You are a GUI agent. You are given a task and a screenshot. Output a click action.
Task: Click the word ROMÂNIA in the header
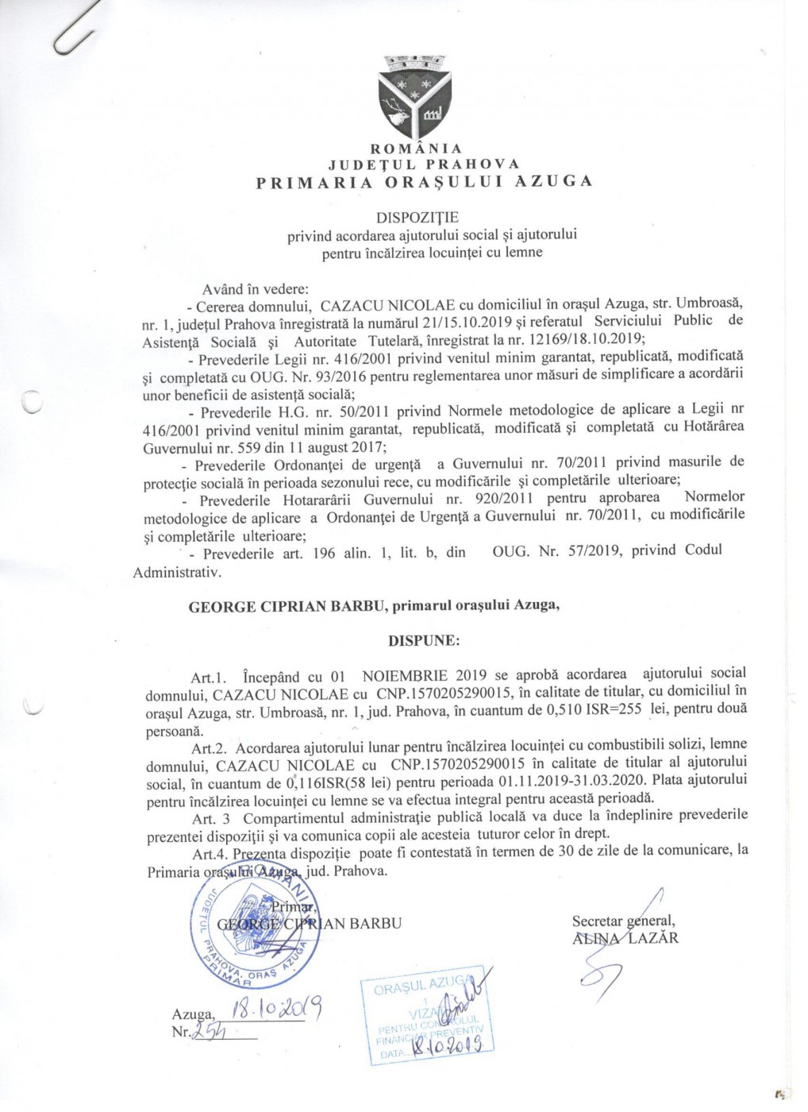click(x=417, y=149)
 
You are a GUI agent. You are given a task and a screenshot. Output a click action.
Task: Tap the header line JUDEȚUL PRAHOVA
click(x=424, y=164)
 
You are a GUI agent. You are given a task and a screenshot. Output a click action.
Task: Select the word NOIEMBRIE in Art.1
click(x=405, y=677)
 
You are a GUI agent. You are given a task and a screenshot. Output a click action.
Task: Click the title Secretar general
click(x=623, y=921)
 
